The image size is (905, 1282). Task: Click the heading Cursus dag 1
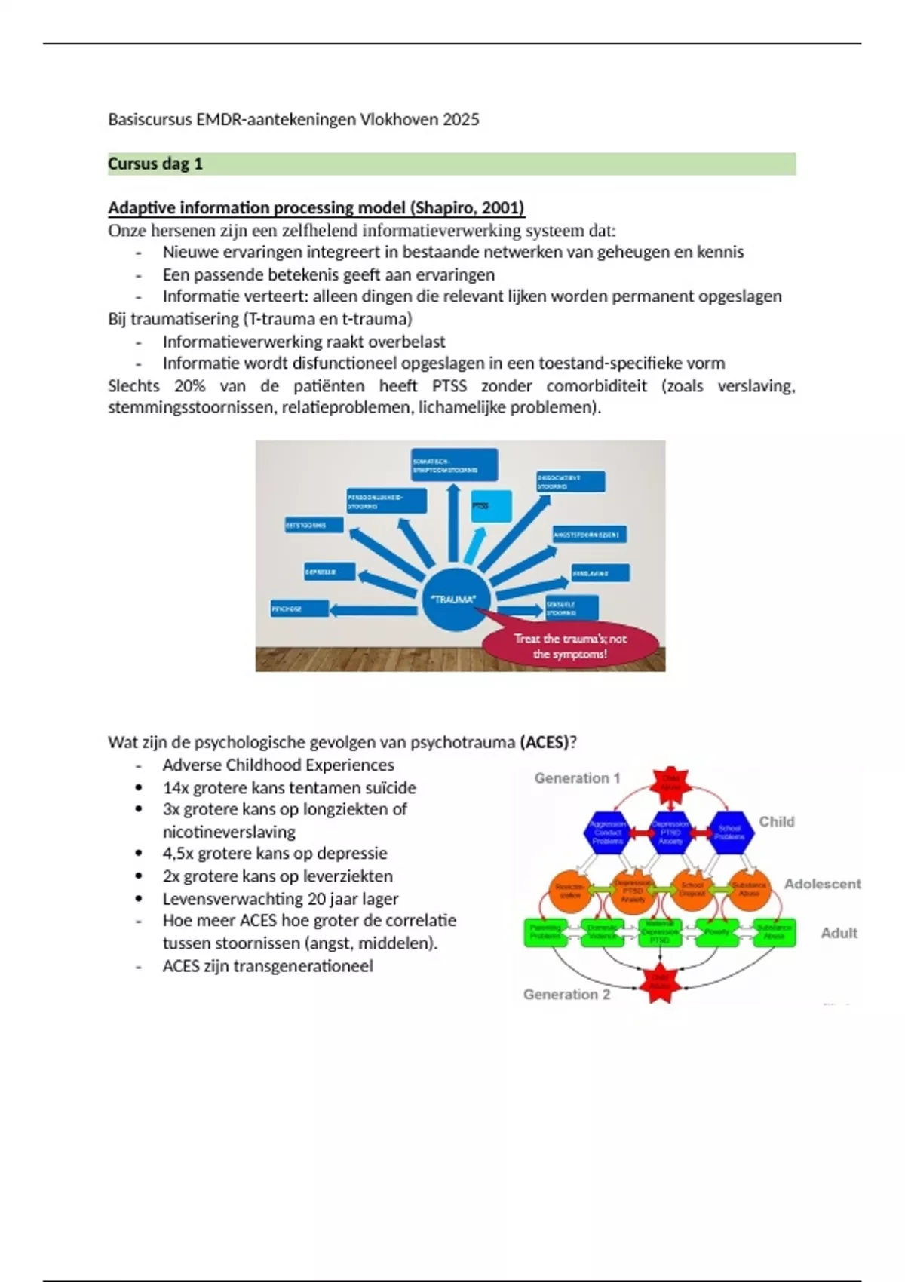[155, 164]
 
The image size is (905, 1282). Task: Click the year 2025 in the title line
[461, 119]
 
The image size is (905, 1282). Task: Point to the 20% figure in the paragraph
[189, 385]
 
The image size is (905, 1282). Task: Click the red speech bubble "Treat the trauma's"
[570, 646]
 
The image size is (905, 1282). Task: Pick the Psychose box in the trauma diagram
[299, 609]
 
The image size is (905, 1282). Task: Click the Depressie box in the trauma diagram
[330, 572]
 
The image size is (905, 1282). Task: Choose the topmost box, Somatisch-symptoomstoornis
[454, 465]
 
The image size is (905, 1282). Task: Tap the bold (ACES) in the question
[544, 741]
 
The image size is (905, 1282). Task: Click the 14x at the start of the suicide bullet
[176, 787]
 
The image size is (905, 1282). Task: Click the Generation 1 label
[577, 777]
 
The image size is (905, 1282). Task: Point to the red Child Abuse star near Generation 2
[660, 983]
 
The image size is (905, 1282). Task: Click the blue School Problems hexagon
[729, 832]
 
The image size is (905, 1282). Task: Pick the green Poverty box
[716, 931]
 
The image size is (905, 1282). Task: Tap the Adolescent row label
[822, 883]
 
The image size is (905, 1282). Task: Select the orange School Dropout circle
[692, 889]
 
